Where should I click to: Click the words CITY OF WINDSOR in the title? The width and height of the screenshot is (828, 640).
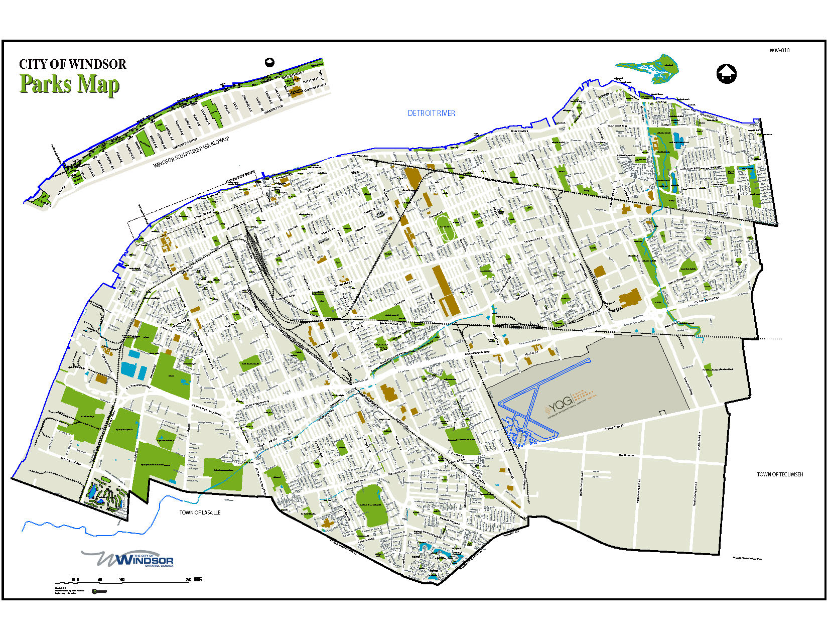72,64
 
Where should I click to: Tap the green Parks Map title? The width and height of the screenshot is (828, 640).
69,84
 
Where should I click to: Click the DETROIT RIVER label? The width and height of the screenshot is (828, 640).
431,113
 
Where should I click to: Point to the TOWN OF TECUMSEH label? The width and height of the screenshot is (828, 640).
780,474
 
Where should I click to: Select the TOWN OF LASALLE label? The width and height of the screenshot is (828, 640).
200,513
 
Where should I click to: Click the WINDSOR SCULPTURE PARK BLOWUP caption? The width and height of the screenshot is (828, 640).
191,153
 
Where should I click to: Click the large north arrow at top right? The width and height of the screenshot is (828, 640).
726,74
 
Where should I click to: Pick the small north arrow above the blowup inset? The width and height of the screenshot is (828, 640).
269,62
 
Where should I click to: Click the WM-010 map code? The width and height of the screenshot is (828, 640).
779,50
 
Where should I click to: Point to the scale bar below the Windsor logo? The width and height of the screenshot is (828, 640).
135,580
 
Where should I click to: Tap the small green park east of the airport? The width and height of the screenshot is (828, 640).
708,368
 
